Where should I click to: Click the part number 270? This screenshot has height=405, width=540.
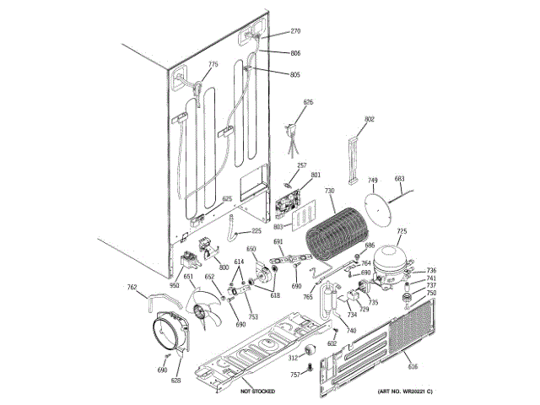click(x=295, y=31)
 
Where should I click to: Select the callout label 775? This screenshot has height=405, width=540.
click(x=213, y=65)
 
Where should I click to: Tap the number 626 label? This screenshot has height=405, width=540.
click(x=308, y=102)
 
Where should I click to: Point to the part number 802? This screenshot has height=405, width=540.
click(x=370, y=119)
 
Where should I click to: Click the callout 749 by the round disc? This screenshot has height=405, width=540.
click(x=372, y=180)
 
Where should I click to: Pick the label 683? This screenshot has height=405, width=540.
click(x=400, y=179)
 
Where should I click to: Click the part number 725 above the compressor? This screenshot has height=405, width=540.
click(x=402, y=231)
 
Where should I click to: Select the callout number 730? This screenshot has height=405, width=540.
click(x=330, y=192)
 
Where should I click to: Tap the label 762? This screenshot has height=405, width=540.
click(x=132, y=288)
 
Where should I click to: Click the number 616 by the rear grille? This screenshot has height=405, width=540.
click(x=413, y=365)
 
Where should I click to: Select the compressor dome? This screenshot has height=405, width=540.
click(x=391, y=257)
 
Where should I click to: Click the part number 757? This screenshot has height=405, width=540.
click(x=294, y=374)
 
